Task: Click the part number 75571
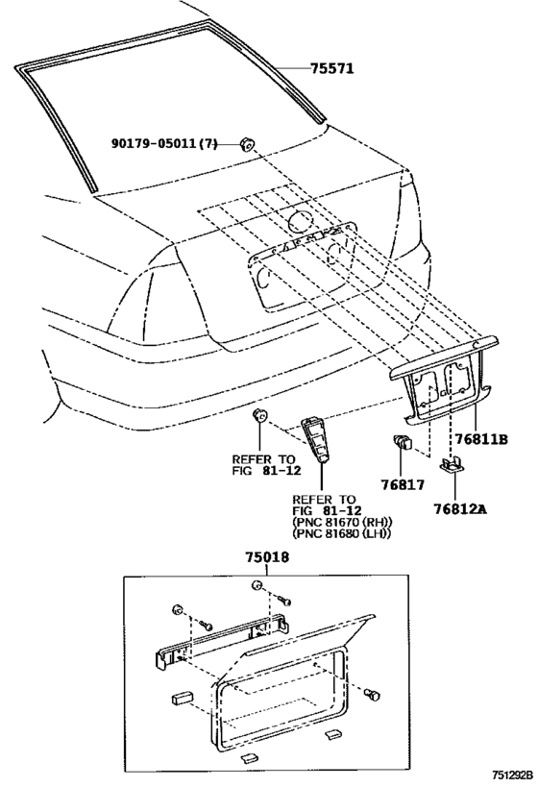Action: [x=332, y=68]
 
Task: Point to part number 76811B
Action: [x=480, y=440]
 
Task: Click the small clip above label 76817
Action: [x=404, y=444]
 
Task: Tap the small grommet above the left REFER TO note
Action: [x=258, y=416]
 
